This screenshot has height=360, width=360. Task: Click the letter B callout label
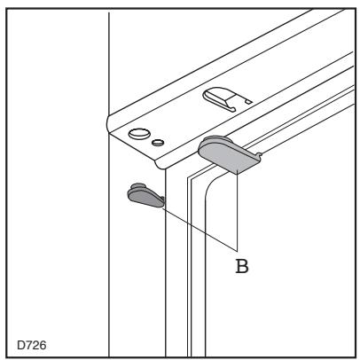240,263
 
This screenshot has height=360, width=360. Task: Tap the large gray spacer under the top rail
227,153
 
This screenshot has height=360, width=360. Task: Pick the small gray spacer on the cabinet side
145,195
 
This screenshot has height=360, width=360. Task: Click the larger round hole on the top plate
139,134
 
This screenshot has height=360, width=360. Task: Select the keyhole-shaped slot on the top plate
221,98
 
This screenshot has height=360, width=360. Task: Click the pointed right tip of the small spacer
162,203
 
